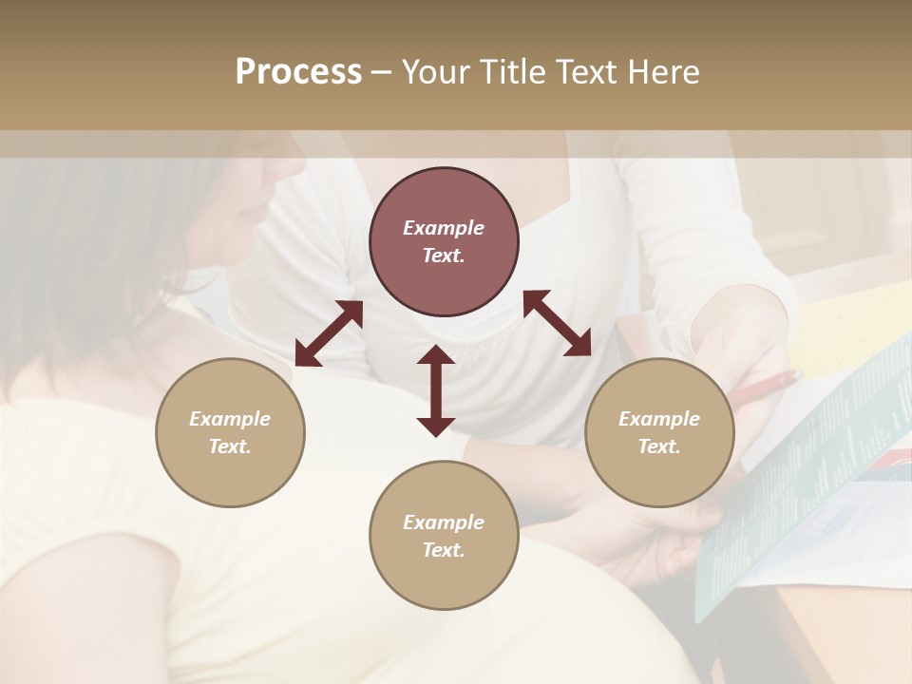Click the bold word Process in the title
[x=298, y=72]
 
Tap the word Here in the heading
[x=661, y=72]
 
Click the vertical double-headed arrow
[x=436, y=390]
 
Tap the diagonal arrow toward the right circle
[x=557, y=323]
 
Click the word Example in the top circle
[x=444, y=228]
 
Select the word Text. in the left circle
[x=230, y=446]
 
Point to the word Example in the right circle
[x=659, y=419]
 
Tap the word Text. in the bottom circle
[x=444, y=550]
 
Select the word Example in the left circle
[x=230, y=419]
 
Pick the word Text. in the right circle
[x=659, y=446]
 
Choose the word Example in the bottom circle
[x=444, y=522]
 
